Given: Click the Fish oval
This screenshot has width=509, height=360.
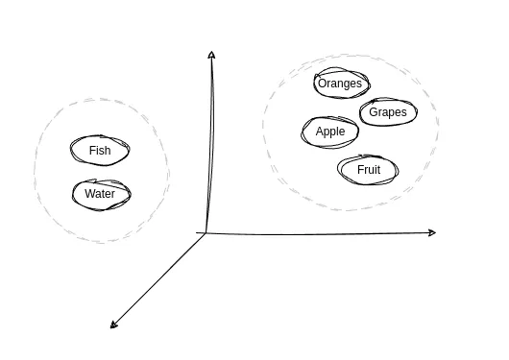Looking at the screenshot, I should [100, 151].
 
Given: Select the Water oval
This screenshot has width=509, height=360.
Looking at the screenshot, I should [100, 194].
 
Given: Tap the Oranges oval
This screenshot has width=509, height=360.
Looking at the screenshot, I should [340, 84].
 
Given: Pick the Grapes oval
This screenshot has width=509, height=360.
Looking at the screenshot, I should [388, 112].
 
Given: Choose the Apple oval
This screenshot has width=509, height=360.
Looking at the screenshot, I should [329, 132].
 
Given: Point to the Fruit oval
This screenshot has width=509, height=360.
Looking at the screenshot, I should [368, 170].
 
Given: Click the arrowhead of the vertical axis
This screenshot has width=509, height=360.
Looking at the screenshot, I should [210, 55].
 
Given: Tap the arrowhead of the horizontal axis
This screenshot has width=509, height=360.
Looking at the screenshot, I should [432, 232].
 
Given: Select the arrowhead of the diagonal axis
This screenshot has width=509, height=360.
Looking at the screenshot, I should [114, 324].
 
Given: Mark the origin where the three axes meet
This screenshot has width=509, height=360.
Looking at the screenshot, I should [205, 232].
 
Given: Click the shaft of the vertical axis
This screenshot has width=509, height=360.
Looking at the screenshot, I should [207, 144].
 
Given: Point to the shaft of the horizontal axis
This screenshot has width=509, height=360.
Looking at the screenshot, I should [317, 232].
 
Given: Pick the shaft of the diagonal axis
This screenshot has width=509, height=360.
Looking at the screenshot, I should [158, 279].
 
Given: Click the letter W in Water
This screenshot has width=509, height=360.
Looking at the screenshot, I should [89, 194].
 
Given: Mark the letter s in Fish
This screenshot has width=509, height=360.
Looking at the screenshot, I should [104, 151].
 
